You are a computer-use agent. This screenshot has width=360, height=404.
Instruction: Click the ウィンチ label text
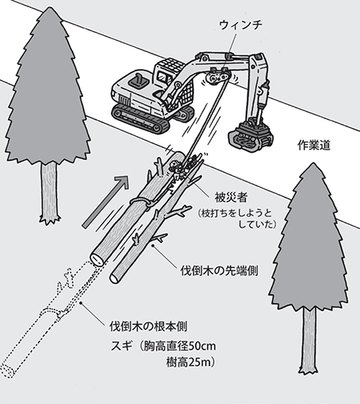pyautogui.click(x=241, y=25)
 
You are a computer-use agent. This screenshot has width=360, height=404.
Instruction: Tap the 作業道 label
pyautogui.click(x=314, y=146)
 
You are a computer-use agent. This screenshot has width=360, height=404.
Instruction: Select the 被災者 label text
pyautogui.click(x=231, y=198)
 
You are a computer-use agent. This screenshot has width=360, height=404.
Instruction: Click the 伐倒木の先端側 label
pyautogui.click(x=219, y=271)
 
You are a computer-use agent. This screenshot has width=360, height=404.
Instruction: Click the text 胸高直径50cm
pyautogui.click(x=179, y=346)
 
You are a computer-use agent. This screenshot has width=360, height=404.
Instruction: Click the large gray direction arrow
pyautogui.click(x=106, y=202)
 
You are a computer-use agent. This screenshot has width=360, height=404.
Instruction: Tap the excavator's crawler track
pyautogui.click(x=141, y=118)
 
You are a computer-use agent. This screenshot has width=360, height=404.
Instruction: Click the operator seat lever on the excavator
pyautogui.click(x=138, y=80)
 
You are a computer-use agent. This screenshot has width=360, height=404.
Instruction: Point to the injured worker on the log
pyautogui.click(x=178, y=170)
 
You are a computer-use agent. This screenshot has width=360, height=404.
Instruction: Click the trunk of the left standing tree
pyautogui.click(x=49, y=193)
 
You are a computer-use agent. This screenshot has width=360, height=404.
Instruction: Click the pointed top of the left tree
pyautogui.click(x=49, y=8)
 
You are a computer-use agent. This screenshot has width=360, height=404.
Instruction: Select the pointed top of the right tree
pyautogui.click(x=313, y=164)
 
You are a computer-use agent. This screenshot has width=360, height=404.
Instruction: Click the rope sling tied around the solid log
pyautogui.click(x=142, y=202)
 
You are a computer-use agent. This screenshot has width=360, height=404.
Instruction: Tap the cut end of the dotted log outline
pyautogui.click(x=7, y=370)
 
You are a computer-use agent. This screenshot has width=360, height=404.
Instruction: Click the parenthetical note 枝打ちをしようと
pyautogui.click(x=234, y=214)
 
